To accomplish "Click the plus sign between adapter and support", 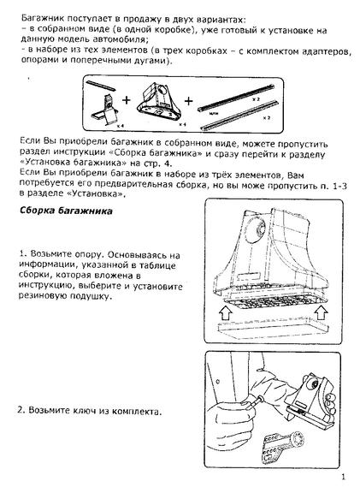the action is coord(127,100).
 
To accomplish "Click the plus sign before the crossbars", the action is coord(188,101).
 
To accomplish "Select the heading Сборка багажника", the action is coord(66,211).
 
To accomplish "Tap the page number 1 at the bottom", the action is coord(344,477).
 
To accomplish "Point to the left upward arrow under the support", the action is coord(226,313).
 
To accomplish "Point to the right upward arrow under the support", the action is coord(321,312).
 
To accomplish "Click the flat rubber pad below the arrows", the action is coord(273,327).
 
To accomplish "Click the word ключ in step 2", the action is coord(85,411).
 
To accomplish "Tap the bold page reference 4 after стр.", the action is coord(168,163).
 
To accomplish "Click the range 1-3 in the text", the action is coord(339,186).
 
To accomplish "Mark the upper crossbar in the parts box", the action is coord(236,98).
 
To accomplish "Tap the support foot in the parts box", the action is coord(159,102).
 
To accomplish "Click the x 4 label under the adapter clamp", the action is coord(120,126).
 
